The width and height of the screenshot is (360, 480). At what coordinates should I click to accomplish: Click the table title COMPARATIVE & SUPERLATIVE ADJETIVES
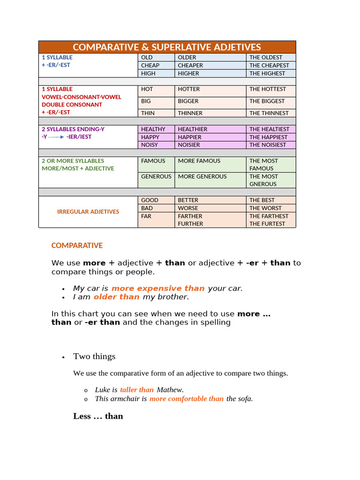pos(167,47)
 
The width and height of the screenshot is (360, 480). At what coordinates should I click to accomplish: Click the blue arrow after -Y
pos(56,137)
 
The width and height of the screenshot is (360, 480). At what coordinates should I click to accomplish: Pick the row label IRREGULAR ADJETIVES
pos(88,212)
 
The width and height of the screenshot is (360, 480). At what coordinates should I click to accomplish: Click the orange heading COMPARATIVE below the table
pos(77,246)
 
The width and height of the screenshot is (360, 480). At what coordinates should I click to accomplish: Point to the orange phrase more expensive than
pos(158,288)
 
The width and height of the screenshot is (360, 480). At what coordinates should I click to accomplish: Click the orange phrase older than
pos(117,297)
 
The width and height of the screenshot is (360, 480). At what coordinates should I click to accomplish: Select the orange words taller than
pos(137,390)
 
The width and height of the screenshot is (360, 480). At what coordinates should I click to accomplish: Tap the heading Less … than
pos(98,416)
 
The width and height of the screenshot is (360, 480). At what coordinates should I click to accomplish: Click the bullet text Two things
pos(94,356)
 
